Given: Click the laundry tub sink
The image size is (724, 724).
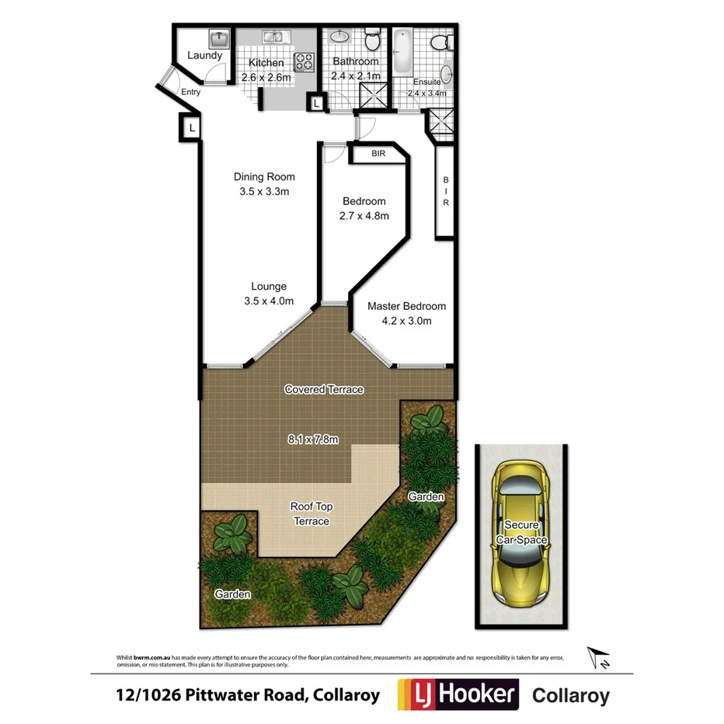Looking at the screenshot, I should (x=217, y=38).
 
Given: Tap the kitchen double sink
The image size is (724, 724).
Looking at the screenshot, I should (x=273, y=37).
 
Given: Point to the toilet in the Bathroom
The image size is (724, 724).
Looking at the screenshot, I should (x=371, y=37).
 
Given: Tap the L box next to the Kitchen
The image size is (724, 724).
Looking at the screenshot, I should (x=317, y=101).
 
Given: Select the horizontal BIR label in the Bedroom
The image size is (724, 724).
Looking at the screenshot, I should (x=378, y=154).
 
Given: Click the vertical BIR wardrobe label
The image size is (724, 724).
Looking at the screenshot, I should (x=446, y=191).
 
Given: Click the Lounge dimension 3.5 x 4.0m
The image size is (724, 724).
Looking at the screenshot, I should (x=268, y=301).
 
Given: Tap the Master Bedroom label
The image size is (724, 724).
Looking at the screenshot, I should (x=406, y=306).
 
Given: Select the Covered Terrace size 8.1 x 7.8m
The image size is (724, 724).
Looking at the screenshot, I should (x=312, y=439).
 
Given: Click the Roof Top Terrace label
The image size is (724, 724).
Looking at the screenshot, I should (x=311, y=513).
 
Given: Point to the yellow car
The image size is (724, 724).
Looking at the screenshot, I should (x=520, y=535).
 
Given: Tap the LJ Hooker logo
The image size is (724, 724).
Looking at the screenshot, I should (x=457, y=694).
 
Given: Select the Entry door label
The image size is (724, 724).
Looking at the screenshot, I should (x=190, y=92).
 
